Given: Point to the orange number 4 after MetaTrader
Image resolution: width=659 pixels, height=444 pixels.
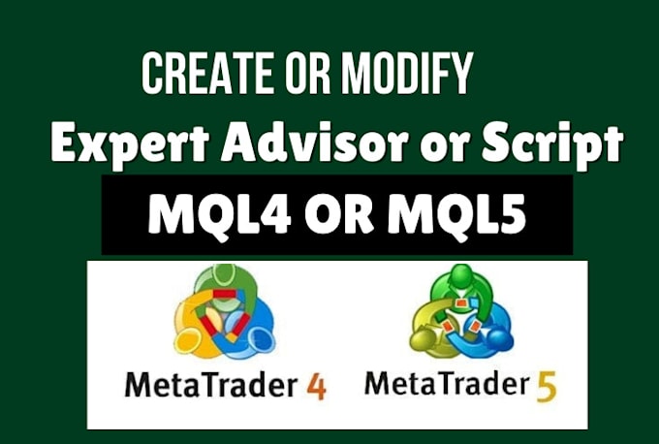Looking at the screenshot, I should (x=316, y=386).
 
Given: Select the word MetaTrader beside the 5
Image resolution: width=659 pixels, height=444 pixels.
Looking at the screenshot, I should (x=447, y=386).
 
